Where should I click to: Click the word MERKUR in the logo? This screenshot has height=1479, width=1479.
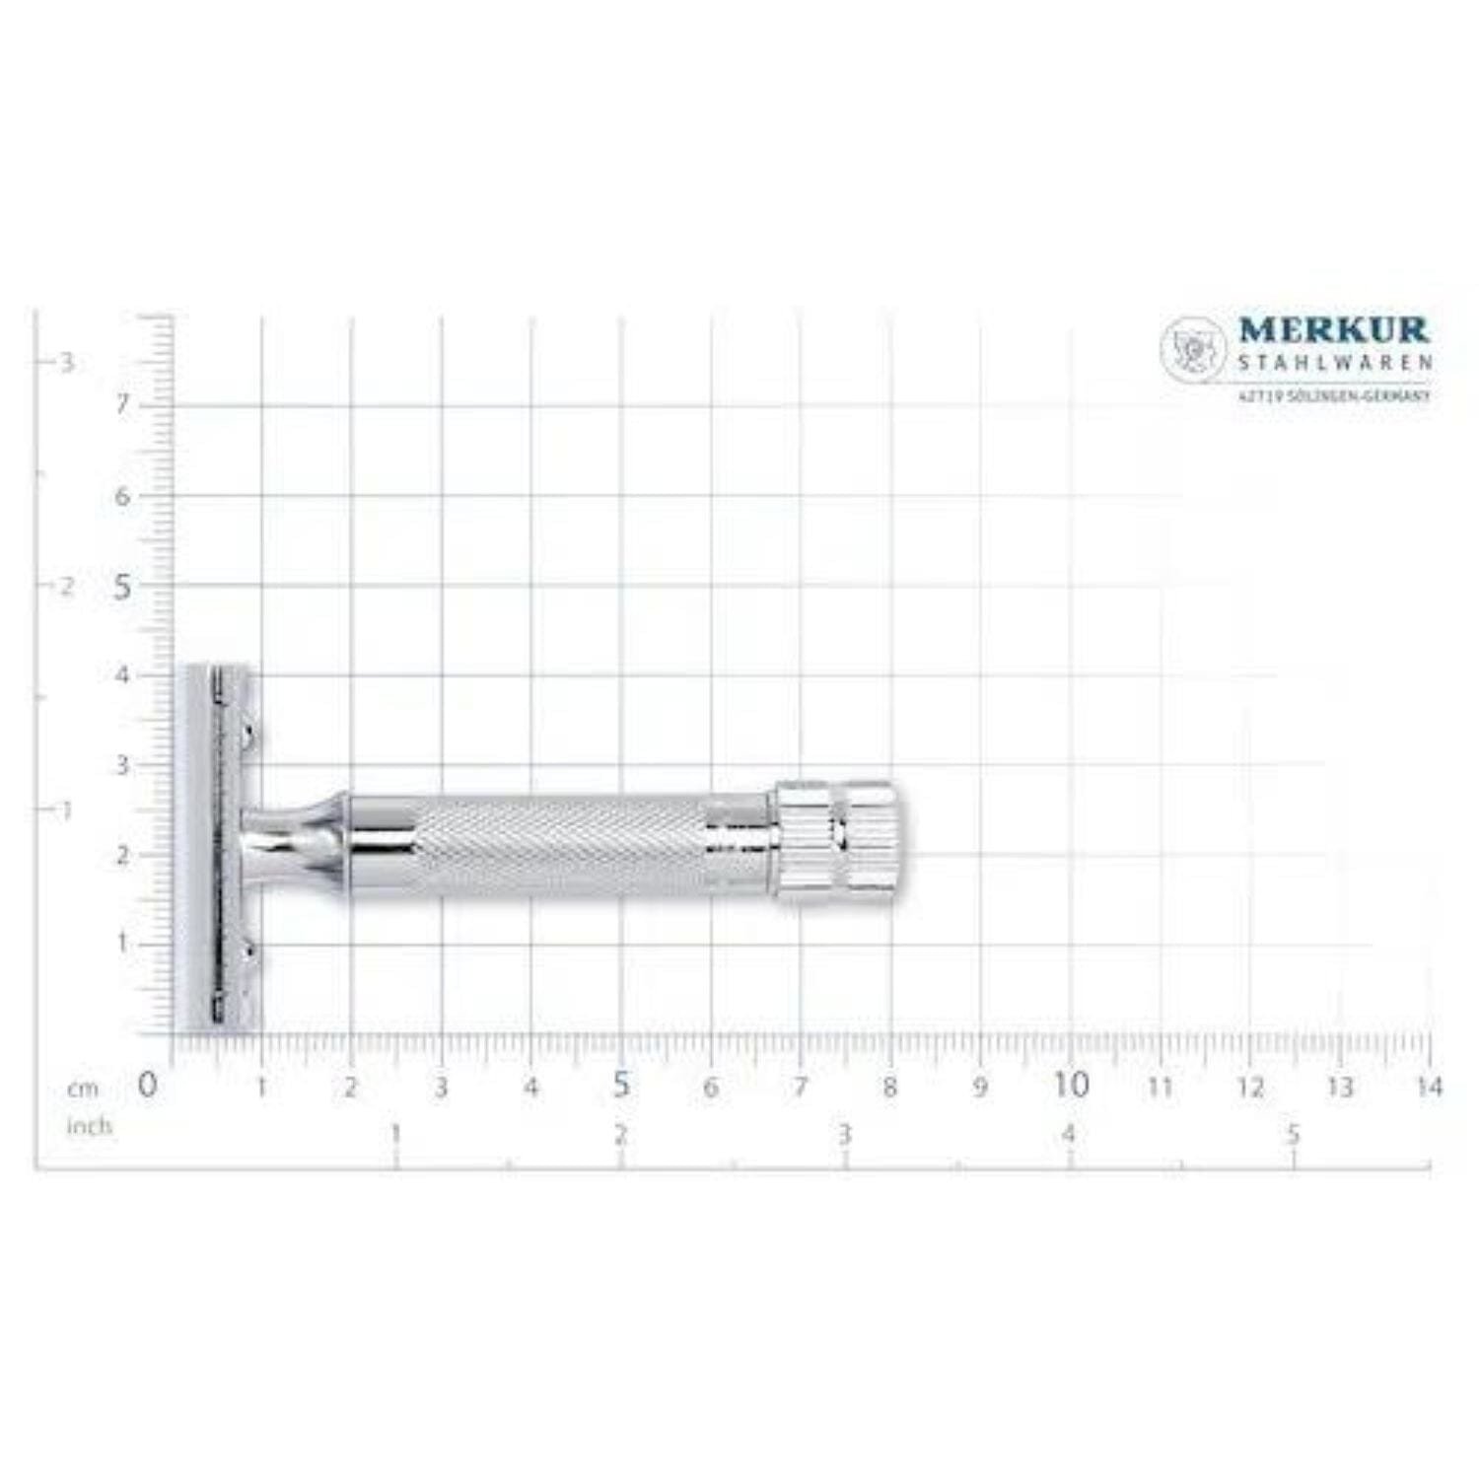tap(1333, 330)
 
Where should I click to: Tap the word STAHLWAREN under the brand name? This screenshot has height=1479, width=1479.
tap(1333, 363)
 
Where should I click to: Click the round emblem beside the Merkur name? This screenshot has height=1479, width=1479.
tap(1193, 347)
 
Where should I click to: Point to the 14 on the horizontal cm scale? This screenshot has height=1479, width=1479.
tap(1428, 1087)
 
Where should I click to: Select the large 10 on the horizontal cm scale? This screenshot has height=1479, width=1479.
tap(1071, 1085)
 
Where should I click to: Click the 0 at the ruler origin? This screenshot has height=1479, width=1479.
tap(147, 1085)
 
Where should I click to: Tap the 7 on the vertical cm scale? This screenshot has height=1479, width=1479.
tap(122, 405)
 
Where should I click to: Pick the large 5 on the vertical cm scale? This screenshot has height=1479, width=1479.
tap(122, 588)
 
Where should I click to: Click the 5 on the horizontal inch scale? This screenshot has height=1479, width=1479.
tap(1294, 1134)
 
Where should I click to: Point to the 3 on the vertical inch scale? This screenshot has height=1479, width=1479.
tap(67, 363)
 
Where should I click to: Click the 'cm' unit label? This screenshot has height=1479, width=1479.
tap(83, 1089)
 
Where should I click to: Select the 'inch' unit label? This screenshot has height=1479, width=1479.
tap(89, 1126)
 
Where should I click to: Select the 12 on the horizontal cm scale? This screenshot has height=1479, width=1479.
tap(1250, 1087)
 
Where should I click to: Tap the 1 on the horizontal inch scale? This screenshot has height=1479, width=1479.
tap(396, 1134)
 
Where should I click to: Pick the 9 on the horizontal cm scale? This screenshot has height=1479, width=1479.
tap(980, 1087)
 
